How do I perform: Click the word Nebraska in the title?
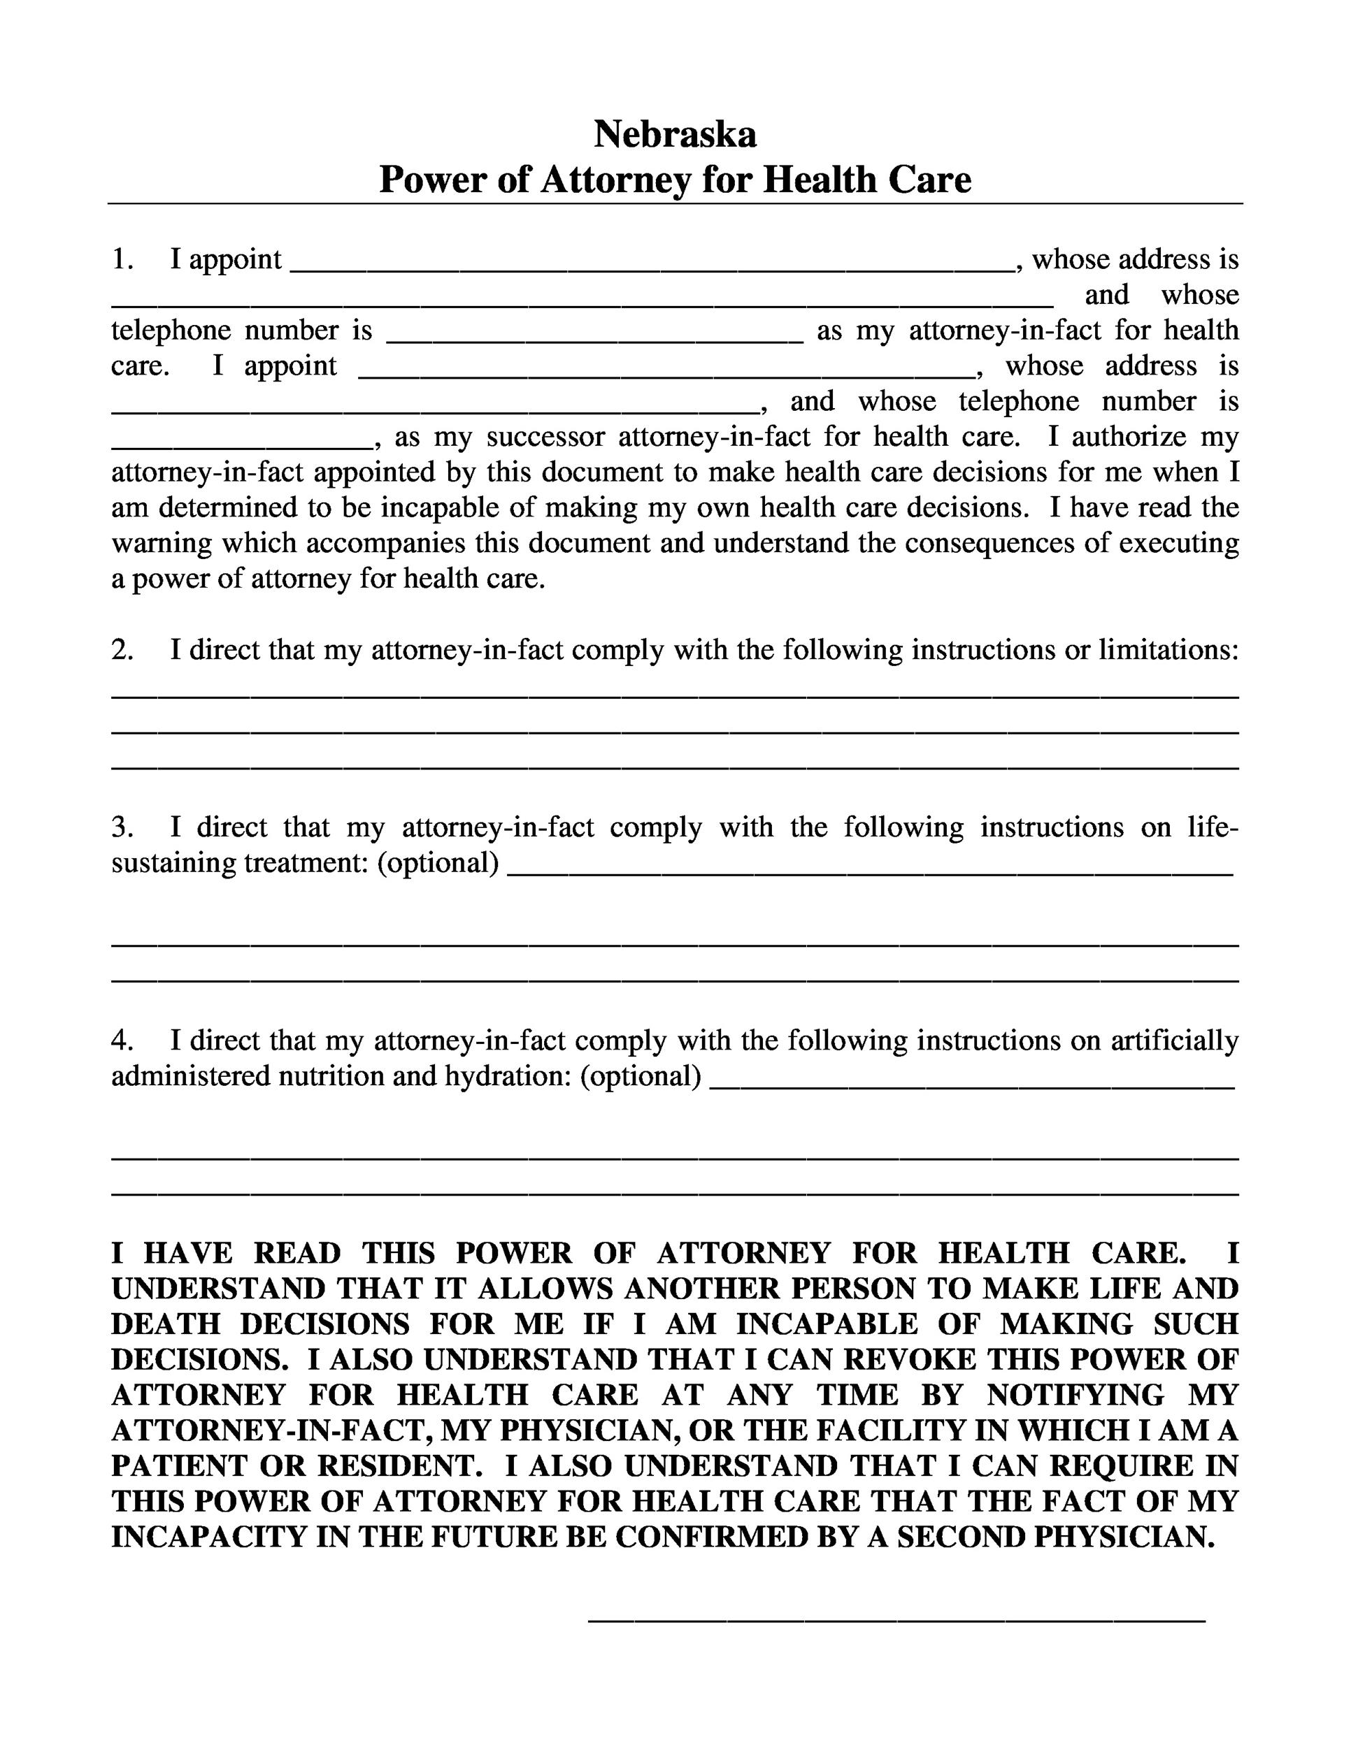[x=675, y=133]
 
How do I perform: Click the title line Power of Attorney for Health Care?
[x=675, y=179]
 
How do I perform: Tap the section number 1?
[x=122, y=259]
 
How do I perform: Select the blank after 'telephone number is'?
[x=594, y=334]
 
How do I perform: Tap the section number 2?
[x=122, y=649]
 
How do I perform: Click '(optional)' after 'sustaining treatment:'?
[x=438, y=862]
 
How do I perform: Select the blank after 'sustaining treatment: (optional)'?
[x=870, y=868]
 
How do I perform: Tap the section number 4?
[x=122, y=1040]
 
